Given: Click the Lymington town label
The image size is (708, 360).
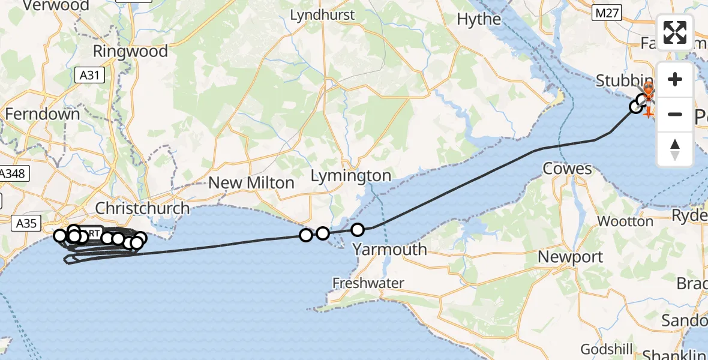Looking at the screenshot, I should [351, 176].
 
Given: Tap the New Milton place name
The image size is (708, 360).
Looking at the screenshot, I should [251, 183].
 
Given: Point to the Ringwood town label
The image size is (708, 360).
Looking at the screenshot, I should [130, 52].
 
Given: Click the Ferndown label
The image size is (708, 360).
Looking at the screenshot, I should [42, 114].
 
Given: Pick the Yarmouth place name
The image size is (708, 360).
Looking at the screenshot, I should [389, 249].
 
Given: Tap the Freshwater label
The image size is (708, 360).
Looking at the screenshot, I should [368, 283].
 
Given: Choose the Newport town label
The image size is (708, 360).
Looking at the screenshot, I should [570, 257].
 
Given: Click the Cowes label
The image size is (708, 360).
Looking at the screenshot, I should [567, 169].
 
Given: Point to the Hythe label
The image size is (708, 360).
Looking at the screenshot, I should [479, 19].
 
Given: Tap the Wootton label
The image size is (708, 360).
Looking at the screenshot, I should [625, 221].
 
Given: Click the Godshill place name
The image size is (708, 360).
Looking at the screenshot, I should [604, 349].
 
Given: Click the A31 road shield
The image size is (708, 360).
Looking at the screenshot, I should [89, 75].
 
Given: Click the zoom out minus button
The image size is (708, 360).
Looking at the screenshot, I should [675, 114].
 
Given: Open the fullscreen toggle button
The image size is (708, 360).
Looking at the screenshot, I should [675, 32].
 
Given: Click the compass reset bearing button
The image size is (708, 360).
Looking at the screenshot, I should [675, 149].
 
